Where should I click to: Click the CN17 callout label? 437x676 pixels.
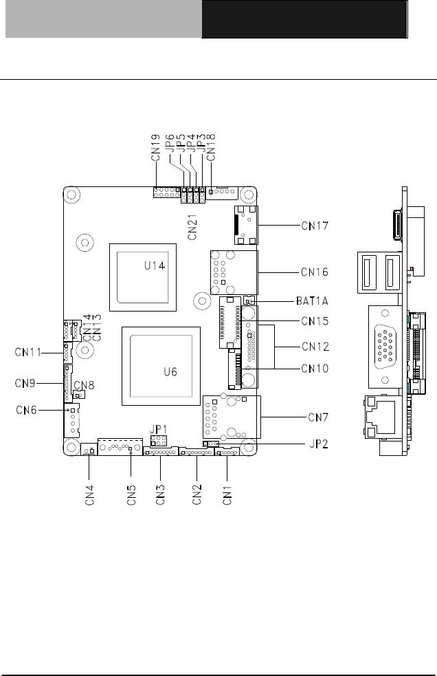(x=315, y=226)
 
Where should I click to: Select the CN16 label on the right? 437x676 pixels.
(x=315, y=272)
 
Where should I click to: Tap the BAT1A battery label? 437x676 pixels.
(x=312, y=301)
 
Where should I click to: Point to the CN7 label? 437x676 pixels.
(x=318, y=417)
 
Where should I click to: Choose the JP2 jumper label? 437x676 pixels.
(x=319, y=444)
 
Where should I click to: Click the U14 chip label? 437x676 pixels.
(x=155, y=265)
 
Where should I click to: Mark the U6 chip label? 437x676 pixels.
(x=170, y=371)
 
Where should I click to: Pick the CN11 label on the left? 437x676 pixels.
(x=28, y=352)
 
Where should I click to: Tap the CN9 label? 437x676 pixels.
(x=25, y=383)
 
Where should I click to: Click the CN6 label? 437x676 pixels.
(x=26, y=410)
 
